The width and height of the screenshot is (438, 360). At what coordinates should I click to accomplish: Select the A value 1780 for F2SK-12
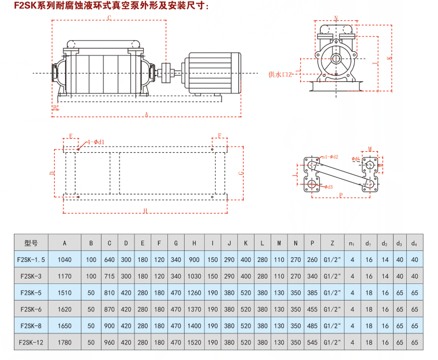pyautogui.click(x=66, y=342)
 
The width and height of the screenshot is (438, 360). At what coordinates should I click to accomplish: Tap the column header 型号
pyautogui.click(x=31, y=243)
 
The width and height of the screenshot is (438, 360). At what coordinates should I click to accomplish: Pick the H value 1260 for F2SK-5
pyautogui.click(x=194, y=292)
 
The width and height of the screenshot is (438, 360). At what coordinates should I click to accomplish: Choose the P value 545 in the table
pyautogui.click(x=312, y=342)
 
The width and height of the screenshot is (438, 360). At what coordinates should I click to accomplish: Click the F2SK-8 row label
pyautogui.click(x=31, y=325)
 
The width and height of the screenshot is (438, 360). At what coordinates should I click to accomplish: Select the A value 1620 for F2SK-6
pyautogui.click(x=66, y=309)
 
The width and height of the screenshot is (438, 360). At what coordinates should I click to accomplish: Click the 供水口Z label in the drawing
pyautogui.click(x=281, y=74)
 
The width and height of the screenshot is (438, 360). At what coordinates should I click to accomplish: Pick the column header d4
pyautogui.click(x=413, y=243)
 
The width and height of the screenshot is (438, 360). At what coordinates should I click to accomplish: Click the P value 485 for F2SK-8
pyautogui.click(x=312, y=325)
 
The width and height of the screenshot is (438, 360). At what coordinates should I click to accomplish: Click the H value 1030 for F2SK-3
pyautogui.click(x=194, y=276)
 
